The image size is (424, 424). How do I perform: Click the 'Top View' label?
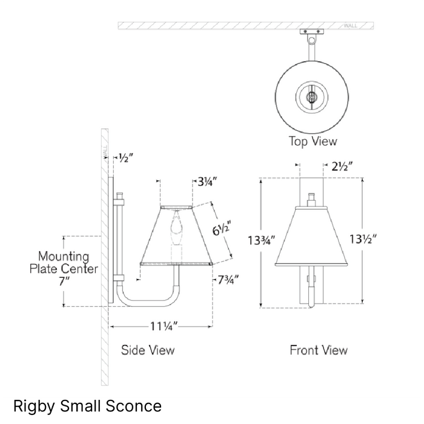(312, 142)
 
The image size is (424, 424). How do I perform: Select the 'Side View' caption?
(148, 350)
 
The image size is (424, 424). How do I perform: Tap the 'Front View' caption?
(319, 350)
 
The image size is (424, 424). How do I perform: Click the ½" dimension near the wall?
(125, 158)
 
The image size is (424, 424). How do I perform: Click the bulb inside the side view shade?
(176, 226)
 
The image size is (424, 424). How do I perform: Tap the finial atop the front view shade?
(312, 199)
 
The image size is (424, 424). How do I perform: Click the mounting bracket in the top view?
(312, 34)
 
